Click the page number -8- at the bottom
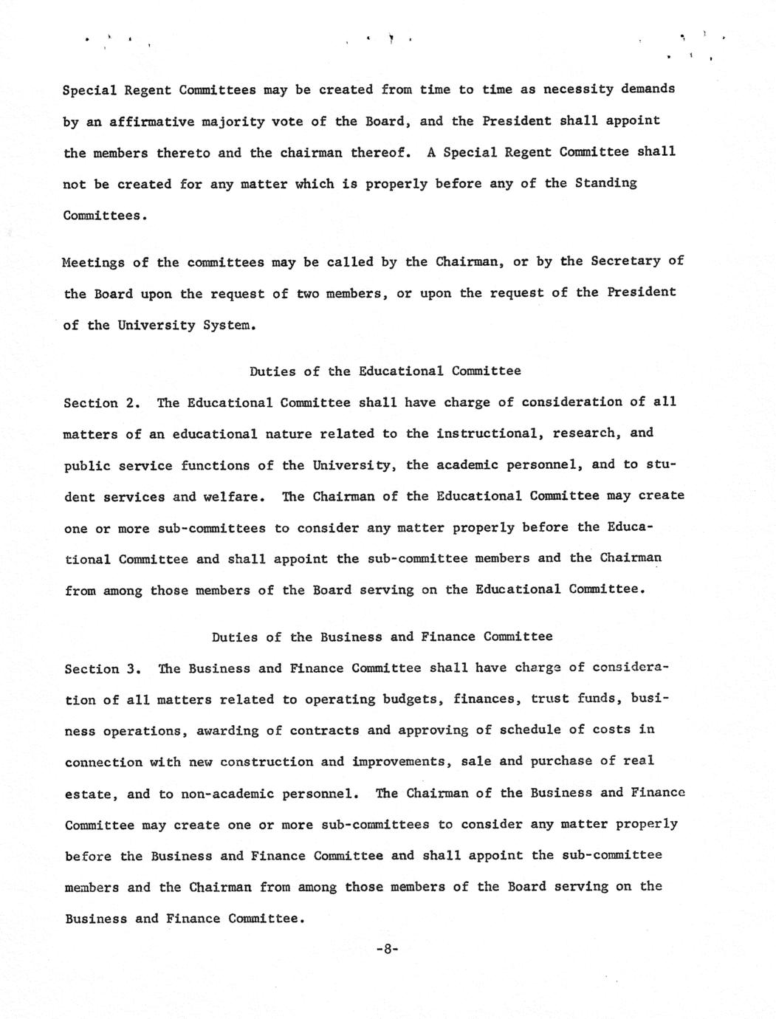(387, 950)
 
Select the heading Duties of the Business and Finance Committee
(382, 637)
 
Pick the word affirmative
(151, 121)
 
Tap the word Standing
(605, 183)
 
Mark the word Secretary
(626, 261)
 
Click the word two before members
(307, 293)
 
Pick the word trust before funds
(554, 699)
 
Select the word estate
(88, 795)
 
